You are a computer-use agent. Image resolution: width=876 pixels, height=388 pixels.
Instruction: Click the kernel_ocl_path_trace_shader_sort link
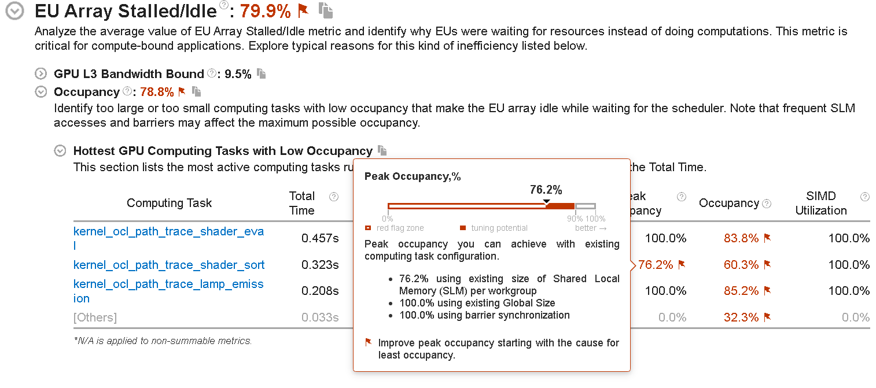169,265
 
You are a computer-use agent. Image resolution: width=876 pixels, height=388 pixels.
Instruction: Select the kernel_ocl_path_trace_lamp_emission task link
168,284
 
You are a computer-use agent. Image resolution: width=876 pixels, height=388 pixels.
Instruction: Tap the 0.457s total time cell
320,238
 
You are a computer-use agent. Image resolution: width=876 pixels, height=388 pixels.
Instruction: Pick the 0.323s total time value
320,265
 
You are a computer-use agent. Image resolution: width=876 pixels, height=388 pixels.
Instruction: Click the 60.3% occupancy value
741,265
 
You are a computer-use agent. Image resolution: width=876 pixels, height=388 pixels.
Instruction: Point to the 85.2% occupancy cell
741,291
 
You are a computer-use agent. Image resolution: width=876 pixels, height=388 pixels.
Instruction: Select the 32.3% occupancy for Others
741,317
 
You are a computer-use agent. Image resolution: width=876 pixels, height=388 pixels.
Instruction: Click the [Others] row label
95,317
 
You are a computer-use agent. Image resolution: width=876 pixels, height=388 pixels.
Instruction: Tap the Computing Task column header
169,203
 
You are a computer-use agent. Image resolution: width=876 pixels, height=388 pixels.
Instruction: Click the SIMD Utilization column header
820,203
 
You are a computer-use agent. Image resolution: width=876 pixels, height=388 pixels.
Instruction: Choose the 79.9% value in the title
265,10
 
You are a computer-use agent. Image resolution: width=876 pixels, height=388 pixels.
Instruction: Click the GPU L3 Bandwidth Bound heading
128,74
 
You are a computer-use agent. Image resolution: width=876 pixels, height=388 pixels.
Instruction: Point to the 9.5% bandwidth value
238,74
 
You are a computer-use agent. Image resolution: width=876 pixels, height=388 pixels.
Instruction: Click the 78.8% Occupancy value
157,92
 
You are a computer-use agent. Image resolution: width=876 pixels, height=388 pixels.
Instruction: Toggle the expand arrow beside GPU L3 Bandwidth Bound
41,74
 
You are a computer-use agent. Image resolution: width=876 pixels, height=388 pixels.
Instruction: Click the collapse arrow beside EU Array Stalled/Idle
15,12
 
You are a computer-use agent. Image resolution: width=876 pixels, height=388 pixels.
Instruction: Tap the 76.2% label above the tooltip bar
546,190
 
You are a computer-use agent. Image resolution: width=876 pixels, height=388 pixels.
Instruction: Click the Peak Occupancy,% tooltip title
413,176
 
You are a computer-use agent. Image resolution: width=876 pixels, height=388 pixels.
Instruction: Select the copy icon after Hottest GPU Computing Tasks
382,150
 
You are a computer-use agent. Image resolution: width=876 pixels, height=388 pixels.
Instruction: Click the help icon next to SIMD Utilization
864,197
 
